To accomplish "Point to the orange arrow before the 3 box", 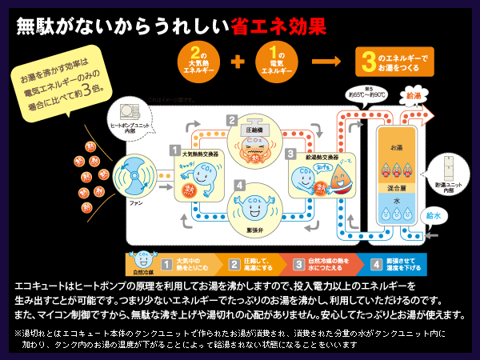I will [324, 61].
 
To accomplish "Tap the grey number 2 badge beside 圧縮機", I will [232, 121].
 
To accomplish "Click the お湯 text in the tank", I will [397, 149].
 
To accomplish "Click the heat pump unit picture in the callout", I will [127, 110].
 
